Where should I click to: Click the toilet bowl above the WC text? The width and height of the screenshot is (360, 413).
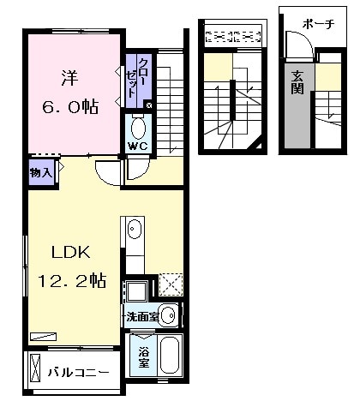[138, 128]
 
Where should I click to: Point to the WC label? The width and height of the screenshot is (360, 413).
[138, 146]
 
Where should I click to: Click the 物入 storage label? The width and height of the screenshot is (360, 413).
[41, 172]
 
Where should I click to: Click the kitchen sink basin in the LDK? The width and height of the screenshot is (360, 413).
[135, 230]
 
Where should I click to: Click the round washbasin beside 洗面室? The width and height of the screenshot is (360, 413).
[167, 315]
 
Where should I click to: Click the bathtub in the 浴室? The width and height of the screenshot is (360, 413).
[168, 354]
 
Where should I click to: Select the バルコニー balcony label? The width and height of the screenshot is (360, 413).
[79, 373]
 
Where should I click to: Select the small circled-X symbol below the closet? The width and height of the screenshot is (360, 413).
[149, 105]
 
